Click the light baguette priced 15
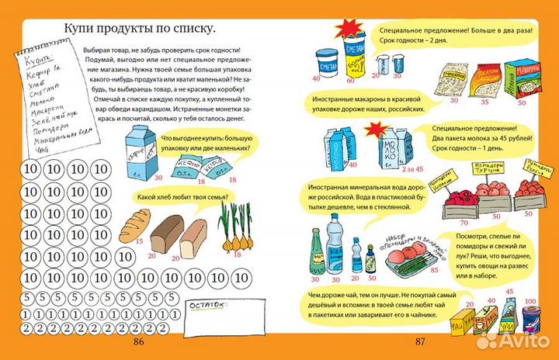134,225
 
